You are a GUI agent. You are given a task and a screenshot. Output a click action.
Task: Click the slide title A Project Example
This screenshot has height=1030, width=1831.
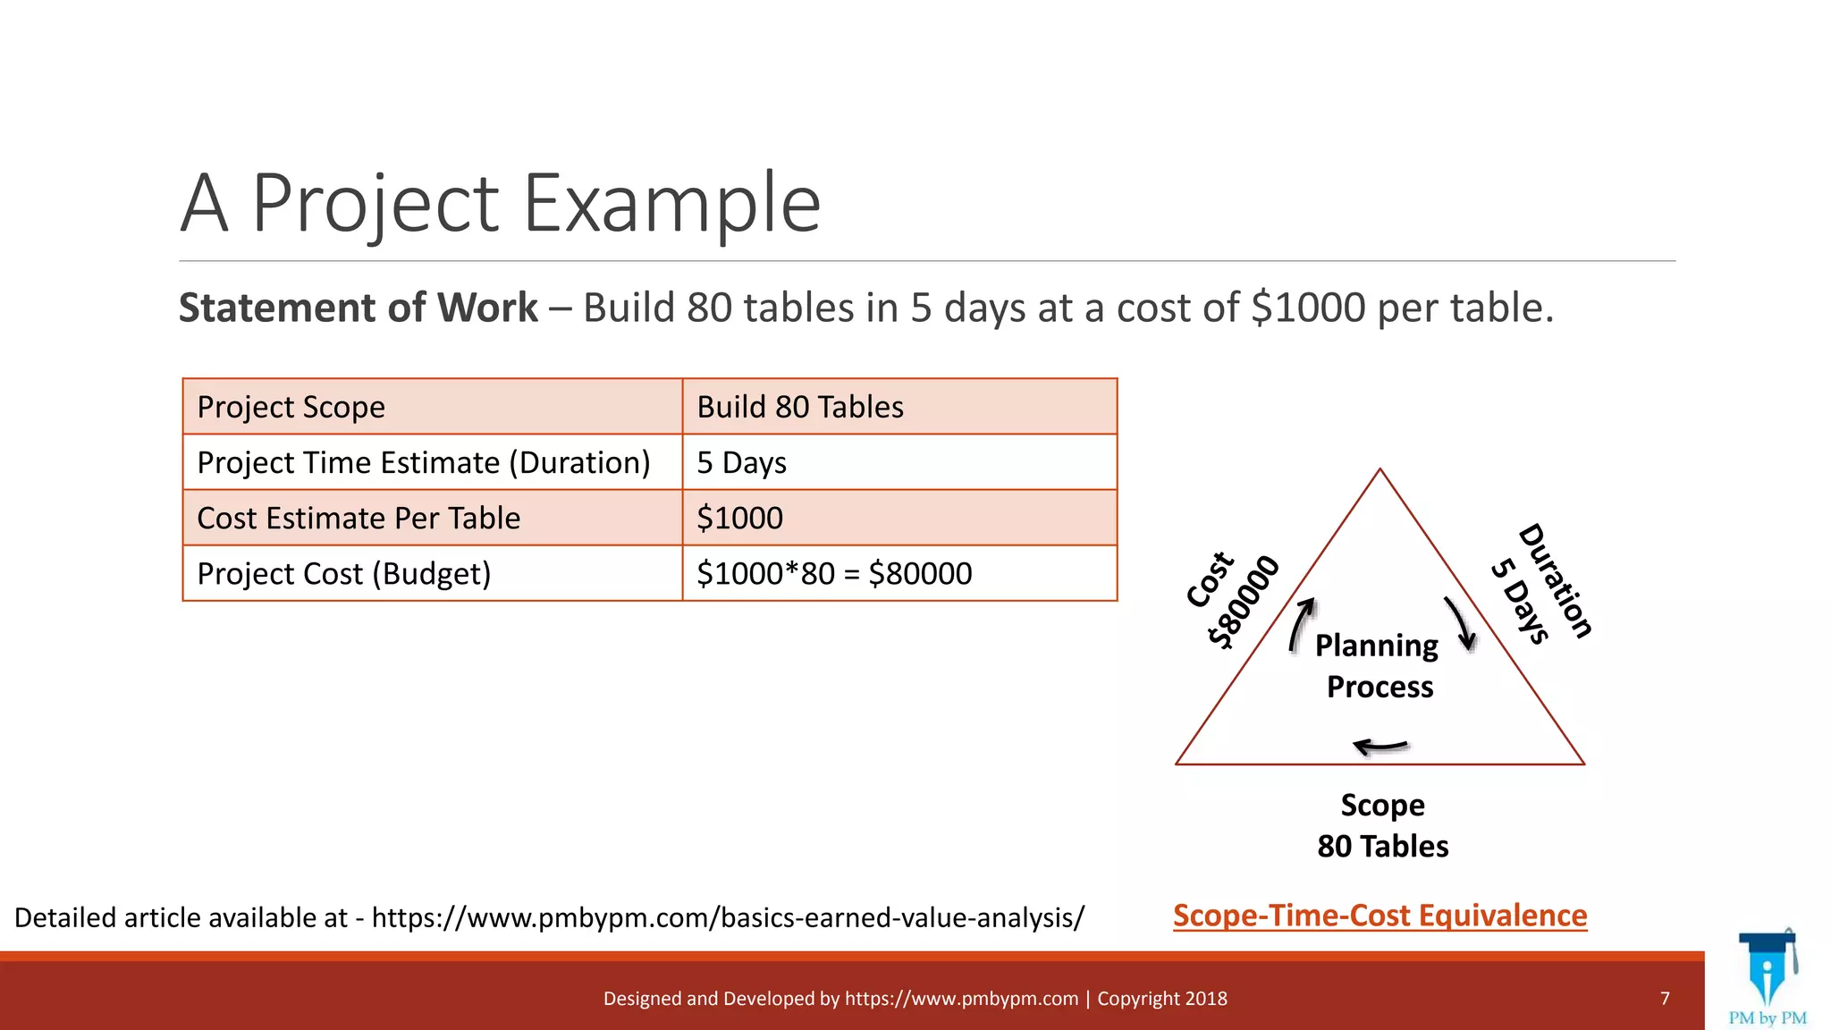point(500,204)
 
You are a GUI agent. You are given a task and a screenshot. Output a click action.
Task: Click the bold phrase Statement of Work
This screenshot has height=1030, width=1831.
point(358,308)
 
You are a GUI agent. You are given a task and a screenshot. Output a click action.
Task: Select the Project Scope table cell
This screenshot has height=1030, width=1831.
point(432,407)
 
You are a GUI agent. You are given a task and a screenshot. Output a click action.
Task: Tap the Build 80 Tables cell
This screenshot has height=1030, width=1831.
point(899,407)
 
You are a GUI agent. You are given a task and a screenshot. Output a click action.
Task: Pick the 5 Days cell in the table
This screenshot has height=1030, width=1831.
point(899,462)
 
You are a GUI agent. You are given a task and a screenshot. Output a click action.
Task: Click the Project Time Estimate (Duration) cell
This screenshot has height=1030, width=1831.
point(432,462)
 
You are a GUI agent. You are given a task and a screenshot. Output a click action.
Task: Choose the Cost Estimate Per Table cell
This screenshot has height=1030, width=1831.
point(432,518)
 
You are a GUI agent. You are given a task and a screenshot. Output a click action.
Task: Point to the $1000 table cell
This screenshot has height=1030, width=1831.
point(899,518)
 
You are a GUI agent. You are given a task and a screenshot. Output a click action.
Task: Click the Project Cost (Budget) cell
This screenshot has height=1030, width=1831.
point(432,573)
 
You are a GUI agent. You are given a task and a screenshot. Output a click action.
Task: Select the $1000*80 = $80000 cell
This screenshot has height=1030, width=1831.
point(899,573)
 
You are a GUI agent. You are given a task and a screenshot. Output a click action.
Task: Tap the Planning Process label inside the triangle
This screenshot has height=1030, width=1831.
point(1378,666)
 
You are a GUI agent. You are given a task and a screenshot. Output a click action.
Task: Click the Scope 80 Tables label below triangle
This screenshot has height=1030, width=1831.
point(1382,825)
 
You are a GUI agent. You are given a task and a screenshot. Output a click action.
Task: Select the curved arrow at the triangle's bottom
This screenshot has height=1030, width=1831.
point(1380,746)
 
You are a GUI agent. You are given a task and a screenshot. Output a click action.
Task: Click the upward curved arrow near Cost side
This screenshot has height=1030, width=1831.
point(1302,623)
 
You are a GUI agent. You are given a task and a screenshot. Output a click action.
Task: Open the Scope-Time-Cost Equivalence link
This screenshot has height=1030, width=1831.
point(1380,916)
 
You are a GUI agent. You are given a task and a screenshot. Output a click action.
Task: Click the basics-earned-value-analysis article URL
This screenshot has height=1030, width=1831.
point(728,918)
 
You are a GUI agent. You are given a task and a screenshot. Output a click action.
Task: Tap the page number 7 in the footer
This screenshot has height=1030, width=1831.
point(1665,999)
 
